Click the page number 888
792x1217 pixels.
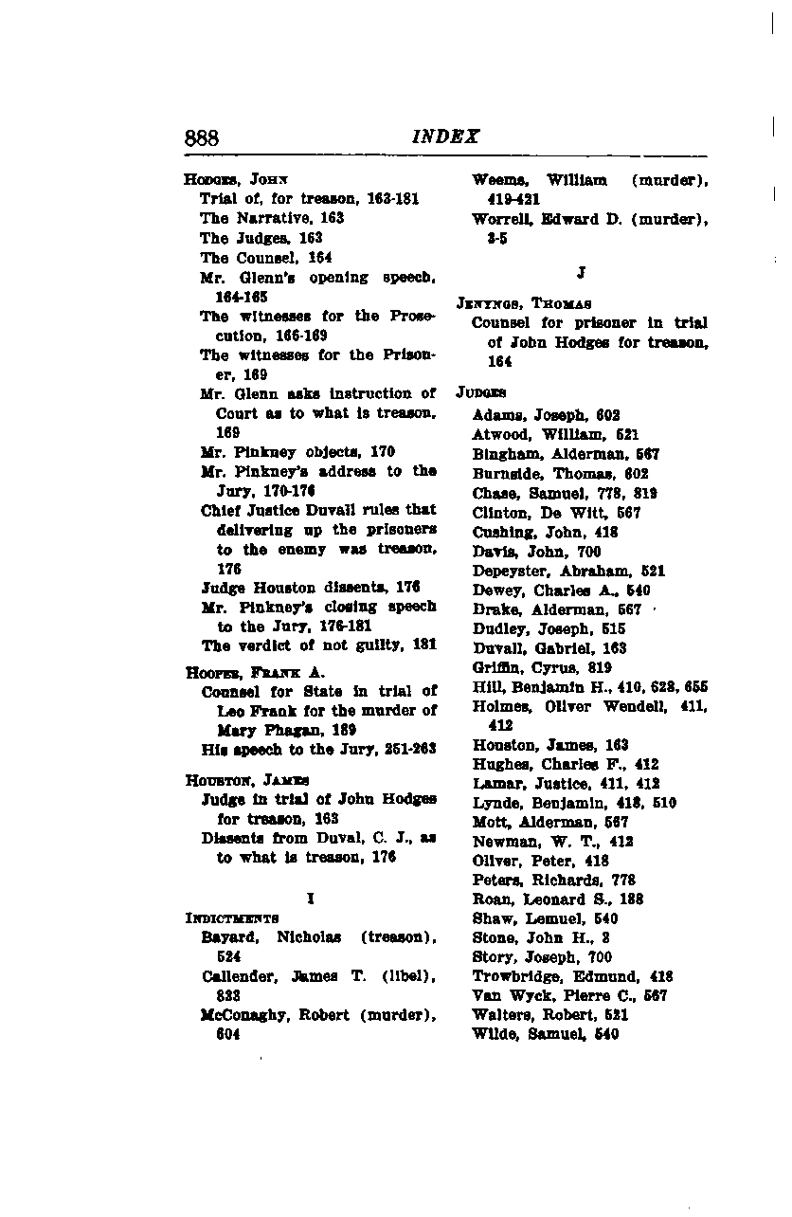pos(202,136)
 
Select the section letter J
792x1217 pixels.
pos(581,273)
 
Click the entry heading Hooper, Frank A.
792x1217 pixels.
pos(255,672)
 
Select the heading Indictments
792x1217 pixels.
pos(232,917)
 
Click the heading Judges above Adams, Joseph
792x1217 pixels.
pos(481,391)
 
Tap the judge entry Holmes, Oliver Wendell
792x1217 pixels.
pos(590,706)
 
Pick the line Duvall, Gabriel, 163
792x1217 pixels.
pos(549,648)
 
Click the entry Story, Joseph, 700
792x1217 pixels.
pos(542,957)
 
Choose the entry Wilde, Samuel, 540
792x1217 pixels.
pos(546,1034)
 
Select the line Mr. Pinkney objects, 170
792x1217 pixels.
pos(297,451)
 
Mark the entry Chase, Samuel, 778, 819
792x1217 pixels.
pos(566,493)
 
